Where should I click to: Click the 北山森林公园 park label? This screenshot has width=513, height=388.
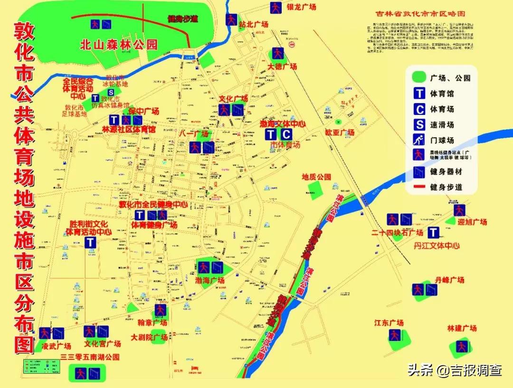point(118,45)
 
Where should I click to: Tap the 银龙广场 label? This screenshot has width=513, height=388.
point(302,7)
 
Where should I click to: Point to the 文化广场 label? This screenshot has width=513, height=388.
point(233,99)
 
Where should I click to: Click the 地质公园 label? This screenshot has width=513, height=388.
point(316,177)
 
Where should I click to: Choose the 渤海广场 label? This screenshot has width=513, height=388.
point(209,280)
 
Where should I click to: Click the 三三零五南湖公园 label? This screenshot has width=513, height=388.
point(90,357)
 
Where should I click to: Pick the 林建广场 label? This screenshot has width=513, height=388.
point(462,328)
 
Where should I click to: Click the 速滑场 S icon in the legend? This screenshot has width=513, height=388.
point(419,125)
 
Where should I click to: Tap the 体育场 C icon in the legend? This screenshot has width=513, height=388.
point(419,109)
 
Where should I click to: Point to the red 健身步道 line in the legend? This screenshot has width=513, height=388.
point(419,188)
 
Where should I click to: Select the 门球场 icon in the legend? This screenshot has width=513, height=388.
point(419,140)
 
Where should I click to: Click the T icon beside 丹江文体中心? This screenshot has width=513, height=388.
point(433,232)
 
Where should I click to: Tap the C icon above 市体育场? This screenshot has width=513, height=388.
point(286,134)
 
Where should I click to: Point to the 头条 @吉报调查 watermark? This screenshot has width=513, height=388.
point(454,370)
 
